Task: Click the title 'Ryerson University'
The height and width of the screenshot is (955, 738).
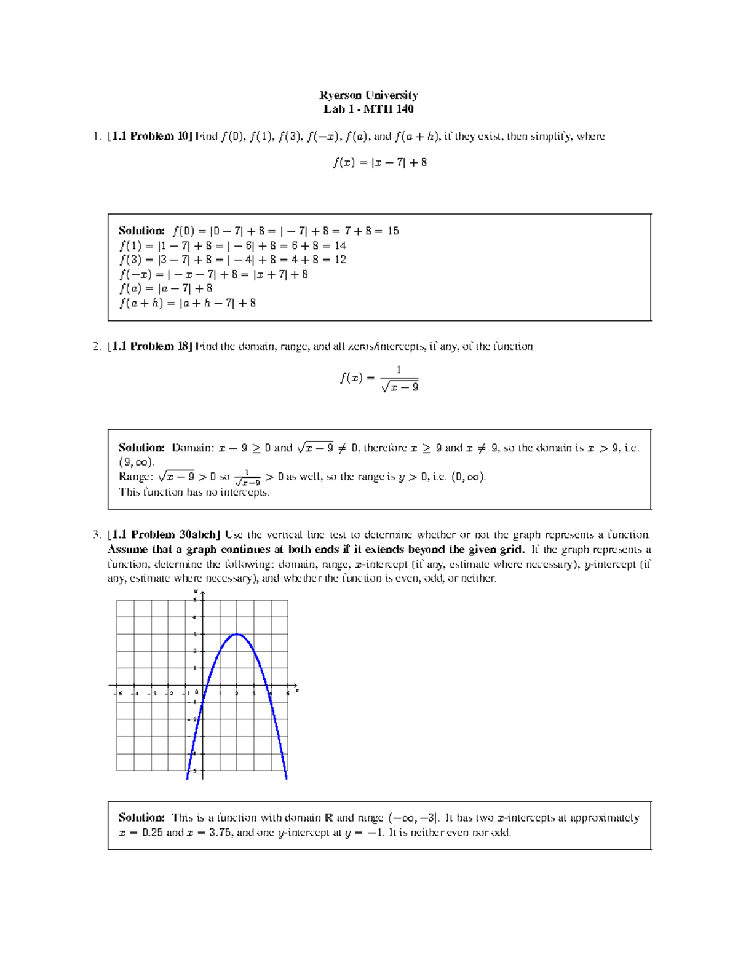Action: point(368,95)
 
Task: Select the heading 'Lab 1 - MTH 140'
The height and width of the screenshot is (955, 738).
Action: point(368,109)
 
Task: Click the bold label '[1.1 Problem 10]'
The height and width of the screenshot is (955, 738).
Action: point(150,137)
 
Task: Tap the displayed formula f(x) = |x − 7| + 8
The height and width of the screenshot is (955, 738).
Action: point(379,163)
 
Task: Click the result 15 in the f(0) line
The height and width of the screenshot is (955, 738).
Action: point(393,231)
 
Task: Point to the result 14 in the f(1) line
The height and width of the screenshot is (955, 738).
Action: point(340,245)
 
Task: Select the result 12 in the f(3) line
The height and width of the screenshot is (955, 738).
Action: point(340,260)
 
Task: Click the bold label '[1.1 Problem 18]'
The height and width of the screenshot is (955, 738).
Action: point(150,347)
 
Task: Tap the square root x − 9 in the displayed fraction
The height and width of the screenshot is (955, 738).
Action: point(400,387)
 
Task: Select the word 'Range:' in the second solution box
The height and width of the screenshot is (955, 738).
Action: point(135,477)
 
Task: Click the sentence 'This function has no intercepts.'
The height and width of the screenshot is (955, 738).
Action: point(194,492)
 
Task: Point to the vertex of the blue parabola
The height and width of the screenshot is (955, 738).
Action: point(237,634)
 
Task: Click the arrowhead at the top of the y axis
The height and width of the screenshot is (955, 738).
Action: point(202,593)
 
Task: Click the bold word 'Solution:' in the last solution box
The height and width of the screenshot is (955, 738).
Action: point(141,818)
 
